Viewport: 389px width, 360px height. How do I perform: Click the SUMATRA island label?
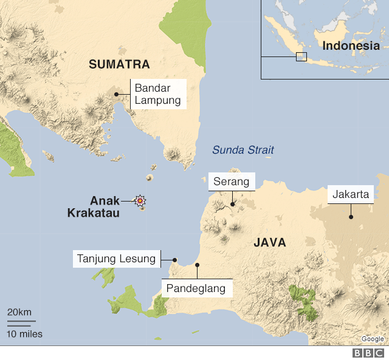pyautogui.click(x=119, y=64)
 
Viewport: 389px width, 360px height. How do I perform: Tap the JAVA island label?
pyautogui.click(x=269, y=243)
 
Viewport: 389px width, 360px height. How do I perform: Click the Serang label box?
pyautogui.click(x=232, y=182)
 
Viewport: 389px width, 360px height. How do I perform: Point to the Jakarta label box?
pyautogui.click(x=350, y=194)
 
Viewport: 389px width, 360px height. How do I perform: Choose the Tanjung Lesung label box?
pyautogui.click(x=116, y=259)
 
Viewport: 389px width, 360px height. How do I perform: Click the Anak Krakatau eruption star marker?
pyautogui.click(x=141, y=200)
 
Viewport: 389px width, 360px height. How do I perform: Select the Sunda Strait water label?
pyautogui.click(x=243, y=150)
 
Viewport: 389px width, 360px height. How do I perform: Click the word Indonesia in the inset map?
pyautogui.click(x=351, y=46)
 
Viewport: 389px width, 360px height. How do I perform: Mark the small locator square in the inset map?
pyautogui.click(x=301, y=56)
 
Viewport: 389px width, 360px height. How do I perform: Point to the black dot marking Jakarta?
pyautogui.click(x=350, y=217)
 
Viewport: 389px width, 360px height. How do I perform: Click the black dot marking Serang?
pyautogui.click(x=232, y=205)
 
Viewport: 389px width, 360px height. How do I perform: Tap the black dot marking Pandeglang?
pyautogui.click(x=197, y=265)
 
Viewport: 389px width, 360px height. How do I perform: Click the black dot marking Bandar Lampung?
pyautogui.click(x=116, y=95)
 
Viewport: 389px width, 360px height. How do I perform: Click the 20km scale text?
pyautogui.click(x=19, y=312)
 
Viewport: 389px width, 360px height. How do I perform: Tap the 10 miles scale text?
pyautogui.click(x=24, y=333)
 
